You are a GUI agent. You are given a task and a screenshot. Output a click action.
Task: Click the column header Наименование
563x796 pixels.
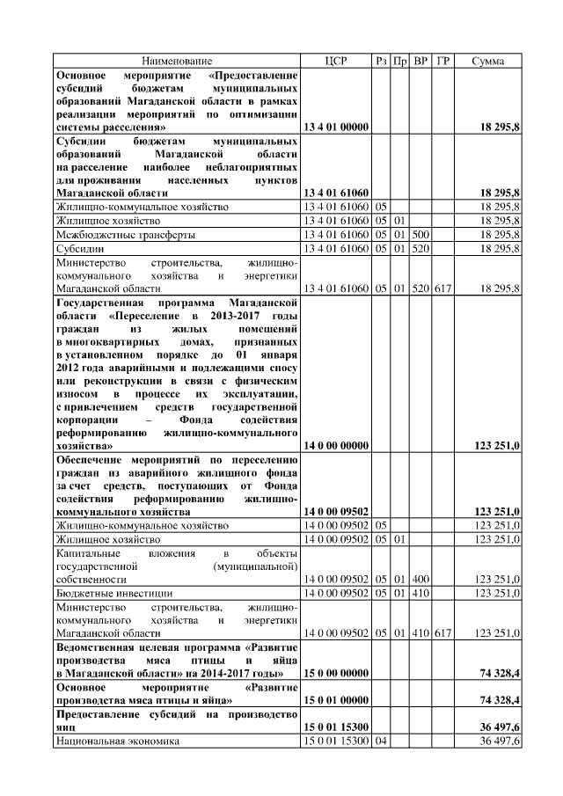coord(177,61)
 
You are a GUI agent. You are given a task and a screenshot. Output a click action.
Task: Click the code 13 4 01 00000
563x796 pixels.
coord(335,128)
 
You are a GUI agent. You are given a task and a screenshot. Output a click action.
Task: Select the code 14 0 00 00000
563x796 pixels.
coord(335,446)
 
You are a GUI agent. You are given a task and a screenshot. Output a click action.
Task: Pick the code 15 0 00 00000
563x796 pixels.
coord(335,673)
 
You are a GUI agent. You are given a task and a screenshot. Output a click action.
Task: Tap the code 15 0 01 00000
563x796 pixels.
coord(335,699)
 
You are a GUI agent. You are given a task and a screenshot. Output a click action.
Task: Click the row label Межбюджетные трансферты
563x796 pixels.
coord(126,235)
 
